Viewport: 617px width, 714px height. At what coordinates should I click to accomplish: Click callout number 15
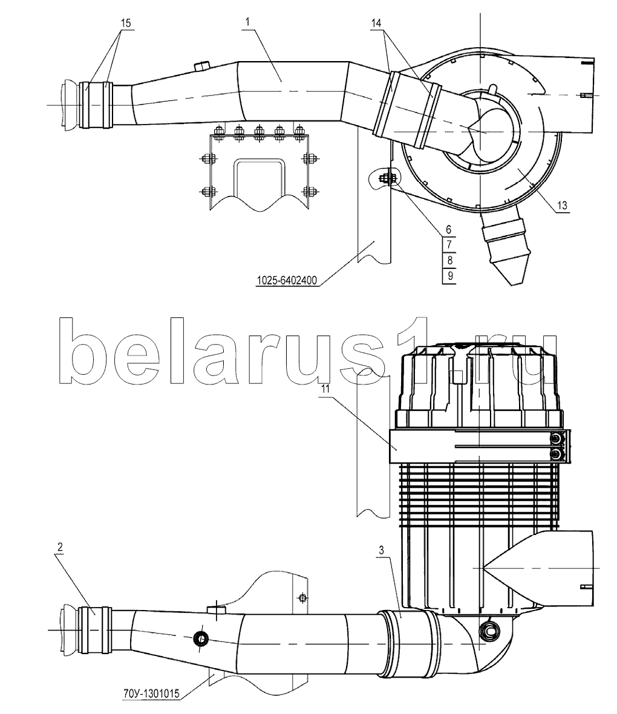click(126, 23)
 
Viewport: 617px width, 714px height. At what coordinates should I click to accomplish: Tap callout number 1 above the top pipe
click(247, 22)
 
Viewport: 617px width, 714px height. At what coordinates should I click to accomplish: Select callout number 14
click(376, 23)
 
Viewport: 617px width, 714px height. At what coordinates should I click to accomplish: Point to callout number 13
click(563, 206)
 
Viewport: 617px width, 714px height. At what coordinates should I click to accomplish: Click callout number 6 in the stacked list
click(448, 229)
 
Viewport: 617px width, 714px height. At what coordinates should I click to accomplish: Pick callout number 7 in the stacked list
click(449, 244)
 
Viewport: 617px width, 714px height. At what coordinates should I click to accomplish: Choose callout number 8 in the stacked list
click(450, 260)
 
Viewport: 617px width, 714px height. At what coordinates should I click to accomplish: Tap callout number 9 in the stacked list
click(450, 276)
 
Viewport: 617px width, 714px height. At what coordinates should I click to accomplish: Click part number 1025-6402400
click(287, 281)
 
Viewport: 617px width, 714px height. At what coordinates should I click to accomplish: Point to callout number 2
click(60, 547)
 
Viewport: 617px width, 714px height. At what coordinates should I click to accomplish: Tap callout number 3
click(382, 550)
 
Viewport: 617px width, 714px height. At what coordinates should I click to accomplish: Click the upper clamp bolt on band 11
click(555, 438)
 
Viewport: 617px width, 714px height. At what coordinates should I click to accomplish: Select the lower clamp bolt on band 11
click(555, 454)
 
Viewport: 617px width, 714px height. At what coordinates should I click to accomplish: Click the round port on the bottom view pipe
click(200, 639)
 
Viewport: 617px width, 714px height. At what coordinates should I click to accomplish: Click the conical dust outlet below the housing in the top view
click(505, 248)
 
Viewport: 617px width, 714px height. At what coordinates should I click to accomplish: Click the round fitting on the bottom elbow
click(489, 631)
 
